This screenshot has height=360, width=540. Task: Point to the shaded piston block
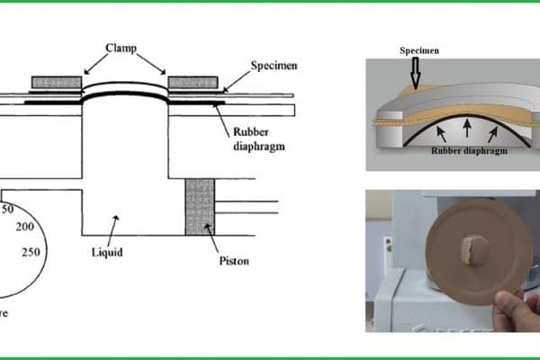[198, 206]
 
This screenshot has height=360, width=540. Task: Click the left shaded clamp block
[57, 83]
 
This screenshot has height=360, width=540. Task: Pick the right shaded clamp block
[193, 83]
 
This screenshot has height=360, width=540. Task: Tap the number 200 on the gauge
[25, 226]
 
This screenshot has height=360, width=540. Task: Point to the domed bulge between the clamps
[124, 88]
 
